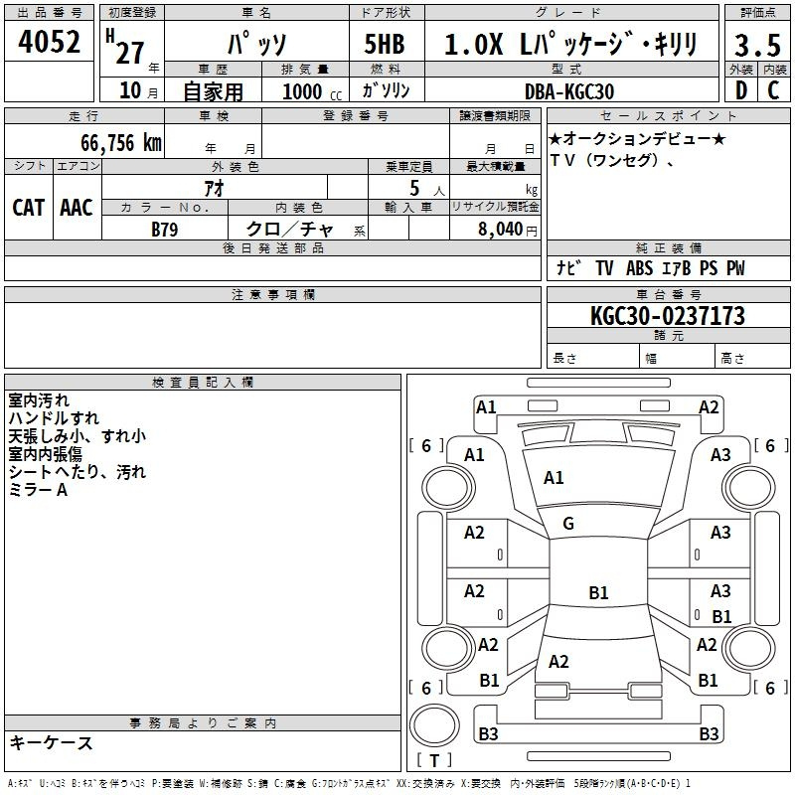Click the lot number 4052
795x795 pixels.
(49, 42)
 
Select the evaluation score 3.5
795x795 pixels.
(757, 46)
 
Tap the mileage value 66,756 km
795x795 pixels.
(121, 143)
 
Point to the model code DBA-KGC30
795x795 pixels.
(569, 91)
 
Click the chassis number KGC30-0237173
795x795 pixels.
(668, 316)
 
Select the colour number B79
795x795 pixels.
(165, 230)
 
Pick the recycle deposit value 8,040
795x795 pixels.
(500, 230)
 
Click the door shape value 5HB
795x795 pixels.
(385, 44)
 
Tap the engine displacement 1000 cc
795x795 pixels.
(312, 92)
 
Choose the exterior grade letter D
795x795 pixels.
(741, 90)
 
